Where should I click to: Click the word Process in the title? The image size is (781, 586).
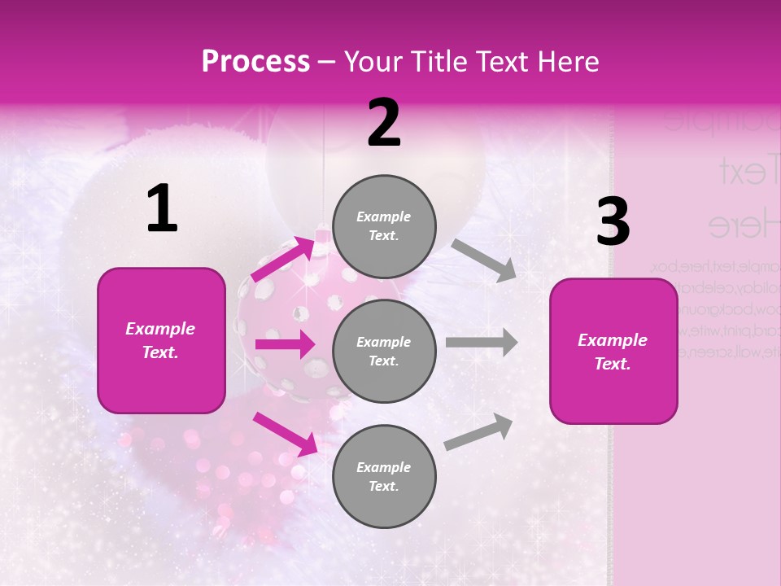(255, 62)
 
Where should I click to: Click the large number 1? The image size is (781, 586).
(162, 209)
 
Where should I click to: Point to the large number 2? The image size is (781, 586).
(384, 123)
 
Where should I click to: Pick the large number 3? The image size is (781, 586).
(613, 222)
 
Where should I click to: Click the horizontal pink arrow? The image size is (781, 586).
(285, 344)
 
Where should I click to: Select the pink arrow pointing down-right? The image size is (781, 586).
(285, 433)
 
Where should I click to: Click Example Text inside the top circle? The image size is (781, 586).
(384, 226)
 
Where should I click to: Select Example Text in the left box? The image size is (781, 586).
(161, 340)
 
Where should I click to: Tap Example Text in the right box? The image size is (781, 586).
(613, 352)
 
